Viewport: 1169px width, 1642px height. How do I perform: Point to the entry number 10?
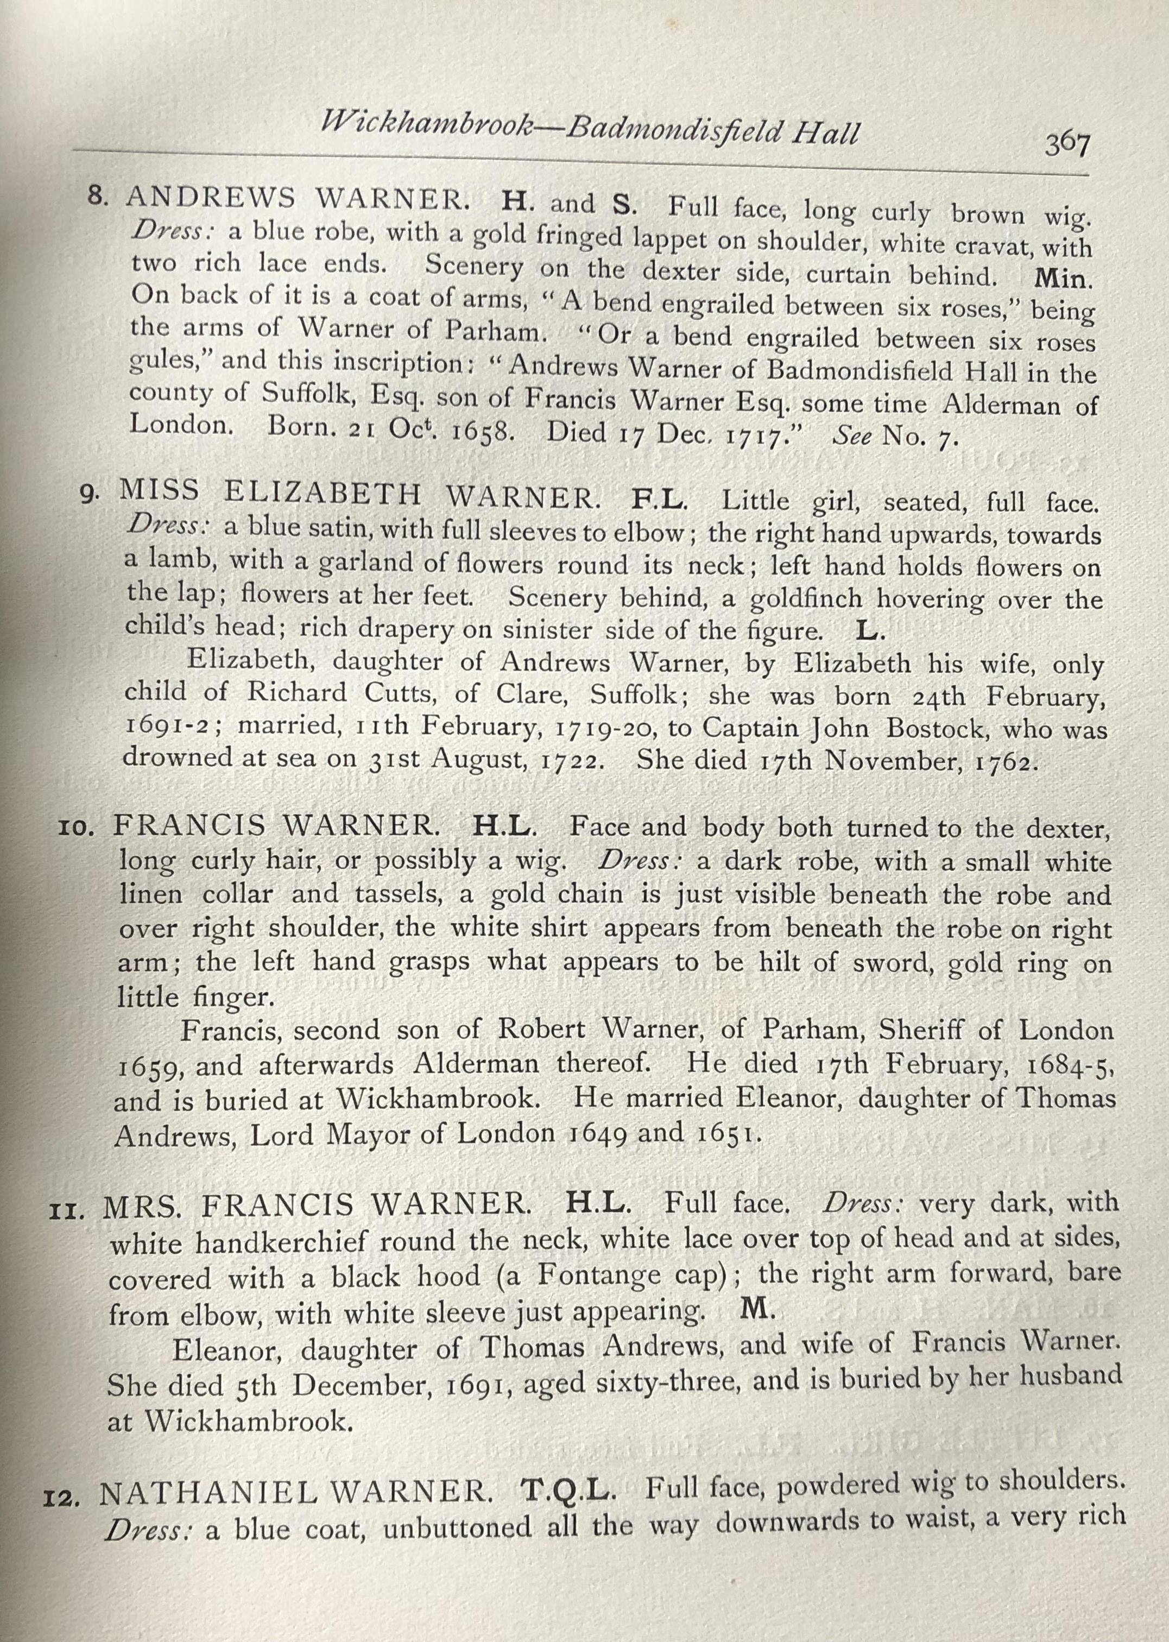pyautogui.click(x=74, y=828)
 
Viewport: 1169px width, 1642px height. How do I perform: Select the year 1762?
pyautogui.click(x=1004, y=762)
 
